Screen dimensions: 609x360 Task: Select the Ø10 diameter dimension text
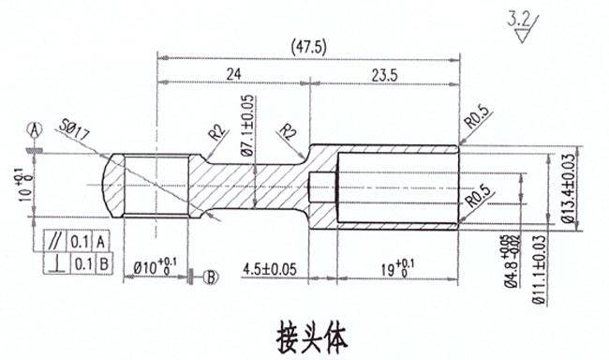coord(152,267)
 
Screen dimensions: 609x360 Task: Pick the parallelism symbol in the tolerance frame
coord(59,240)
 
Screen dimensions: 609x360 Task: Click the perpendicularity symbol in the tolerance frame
coord(59,263)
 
